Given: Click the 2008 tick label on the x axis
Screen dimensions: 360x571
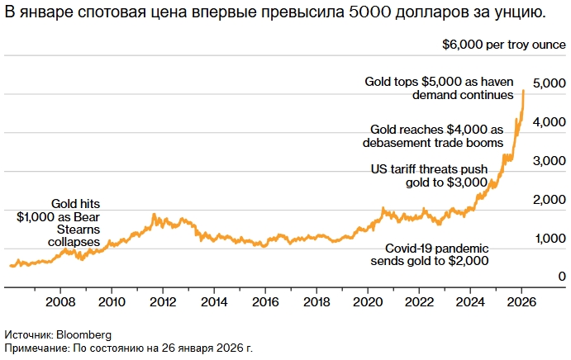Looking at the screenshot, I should pyautogui.click(x=60, y=301).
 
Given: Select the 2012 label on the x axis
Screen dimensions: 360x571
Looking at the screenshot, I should pyautogui.click(x=163, y=301).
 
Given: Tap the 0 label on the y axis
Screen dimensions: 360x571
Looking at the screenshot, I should pyautogui.click(x=562, y=277).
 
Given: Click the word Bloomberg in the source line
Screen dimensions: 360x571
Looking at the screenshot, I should pyautogui.click(x=83, y=334).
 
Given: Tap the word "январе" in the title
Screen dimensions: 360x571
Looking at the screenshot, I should pyautogui.click(x=45, y=14).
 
